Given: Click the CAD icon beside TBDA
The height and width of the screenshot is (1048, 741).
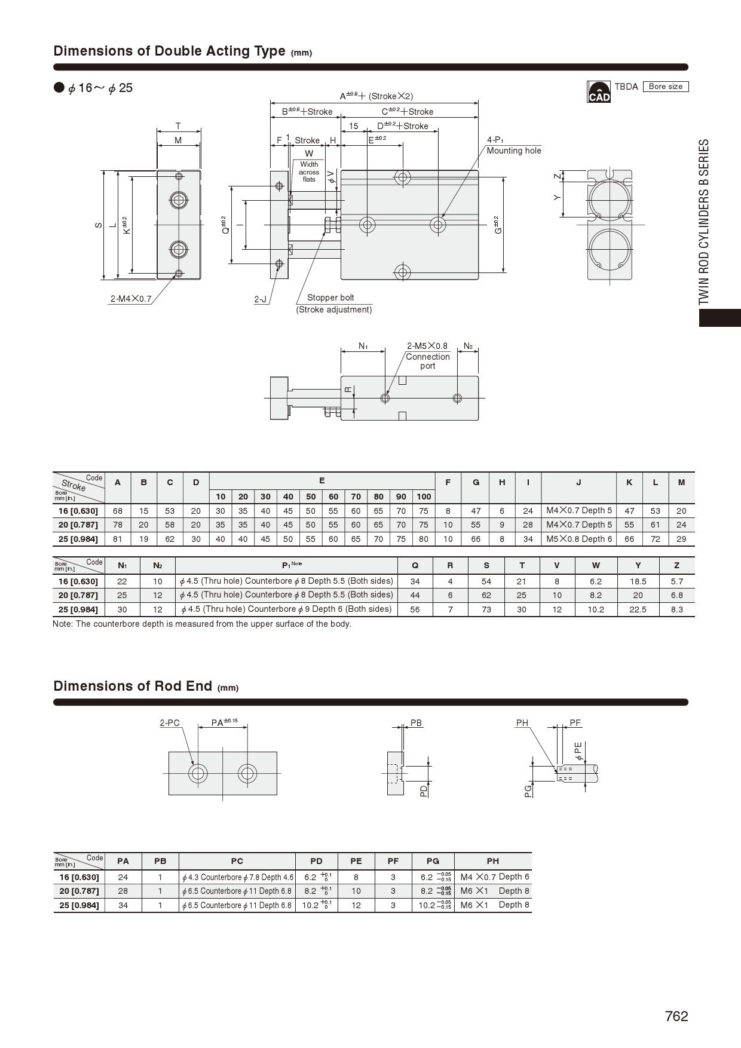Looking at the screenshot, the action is [x=599, y=92].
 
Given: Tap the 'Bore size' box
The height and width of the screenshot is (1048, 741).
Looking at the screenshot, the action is [x=666, y=87].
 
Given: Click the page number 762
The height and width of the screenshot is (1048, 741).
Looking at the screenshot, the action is [x=676, y=1016].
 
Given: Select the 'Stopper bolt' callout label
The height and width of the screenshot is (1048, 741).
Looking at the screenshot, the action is [x=330, y=298].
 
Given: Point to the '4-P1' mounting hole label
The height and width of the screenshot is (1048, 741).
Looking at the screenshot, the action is [x=495, y=140].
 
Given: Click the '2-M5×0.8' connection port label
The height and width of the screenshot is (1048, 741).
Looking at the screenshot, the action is [x=427, y=346].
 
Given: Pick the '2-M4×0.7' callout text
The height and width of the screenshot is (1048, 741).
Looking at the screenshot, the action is [x=131, y=299].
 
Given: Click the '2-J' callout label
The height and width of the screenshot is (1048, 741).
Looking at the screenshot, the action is [x=261, y=299].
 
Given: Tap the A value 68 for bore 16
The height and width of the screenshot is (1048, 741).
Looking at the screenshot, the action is [x=118, y=511].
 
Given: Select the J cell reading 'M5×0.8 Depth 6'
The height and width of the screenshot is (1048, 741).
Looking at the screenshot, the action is [x=579, y=538].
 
